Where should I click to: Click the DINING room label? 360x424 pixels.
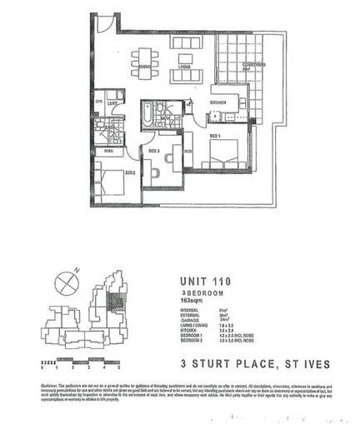pyautogui.click(x=144, y=66)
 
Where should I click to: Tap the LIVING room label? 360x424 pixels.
pyautogui.click(x=185, y=66)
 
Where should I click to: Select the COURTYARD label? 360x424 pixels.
pyautogui.click(x=254, y=64)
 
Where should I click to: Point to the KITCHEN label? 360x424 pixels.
pyautogui.click(x=219, y=103)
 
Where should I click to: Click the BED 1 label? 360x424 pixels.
pyautogui.click(x=213, y=135)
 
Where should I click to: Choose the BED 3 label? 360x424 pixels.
pyautogui.click(x=153, y=152)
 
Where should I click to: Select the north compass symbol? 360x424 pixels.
pyautogui.click(x=66, y=282)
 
